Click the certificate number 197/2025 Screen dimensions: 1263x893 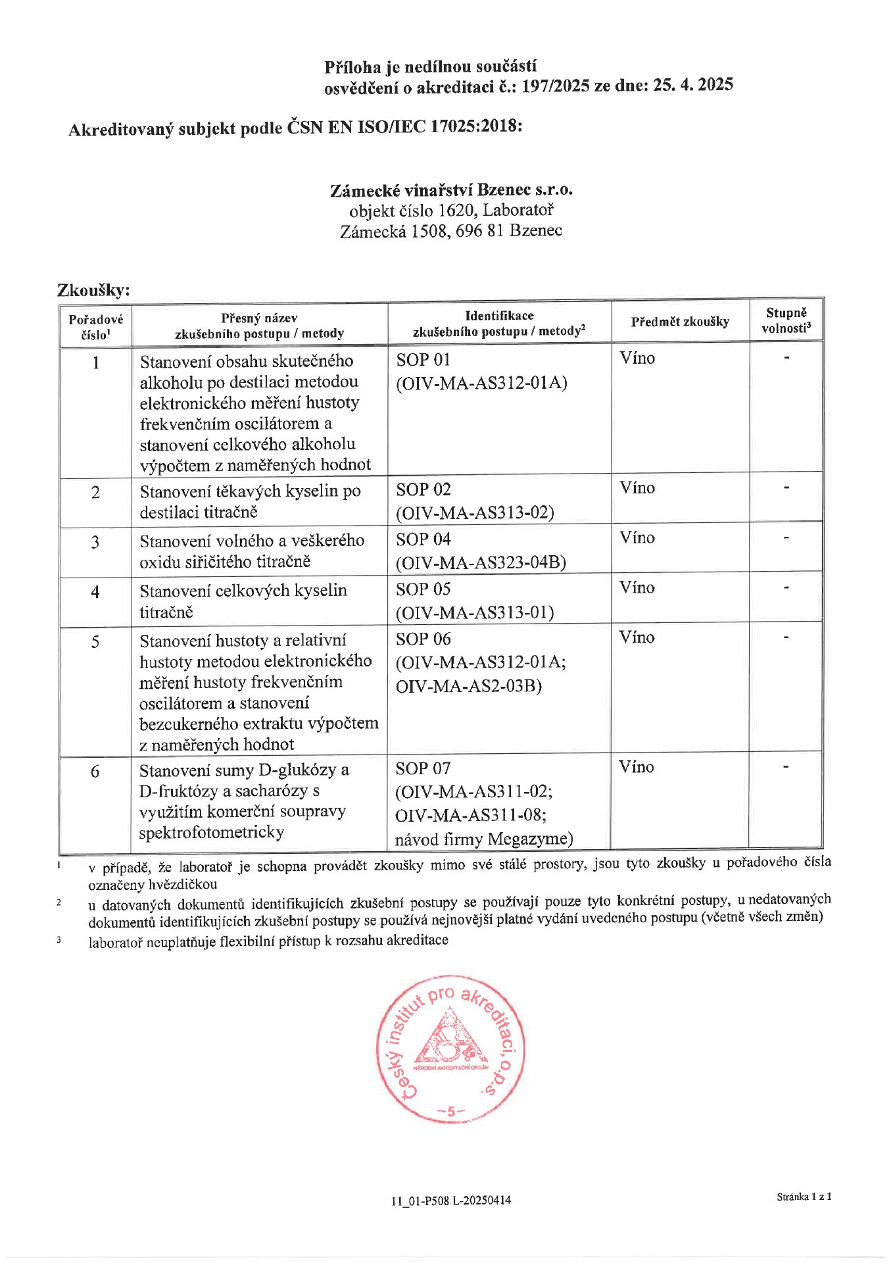(555, 86)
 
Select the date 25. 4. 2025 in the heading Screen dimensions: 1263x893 (693, 84)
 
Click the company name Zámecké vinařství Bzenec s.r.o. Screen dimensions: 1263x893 (451, 190)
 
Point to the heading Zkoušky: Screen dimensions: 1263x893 (93, 290)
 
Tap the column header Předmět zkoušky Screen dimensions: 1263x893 (680, 322)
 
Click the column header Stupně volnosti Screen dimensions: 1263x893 (786, 320)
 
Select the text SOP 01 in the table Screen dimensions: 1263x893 (423, 360)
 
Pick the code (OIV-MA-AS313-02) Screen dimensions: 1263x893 (475, 512)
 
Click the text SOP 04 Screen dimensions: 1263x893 (423, 539)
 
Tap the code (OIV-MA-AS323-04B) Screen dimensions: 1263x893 (481, 562)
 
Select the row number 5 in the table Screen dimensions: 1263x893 (95, 641)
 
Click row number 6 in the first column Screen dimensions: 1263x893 (95, 771)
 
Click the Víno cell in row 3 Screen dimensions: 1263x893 (637, 538)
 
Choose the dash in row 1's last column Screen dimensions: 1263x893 (786, 359)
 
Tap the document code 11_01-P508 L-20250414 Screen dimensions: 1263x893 (451, 1201)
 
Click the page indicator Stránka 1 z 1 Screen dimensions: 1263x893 (804, 1197)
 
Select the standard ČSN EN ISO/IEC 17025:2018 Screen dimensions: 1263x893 (404, 126)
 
